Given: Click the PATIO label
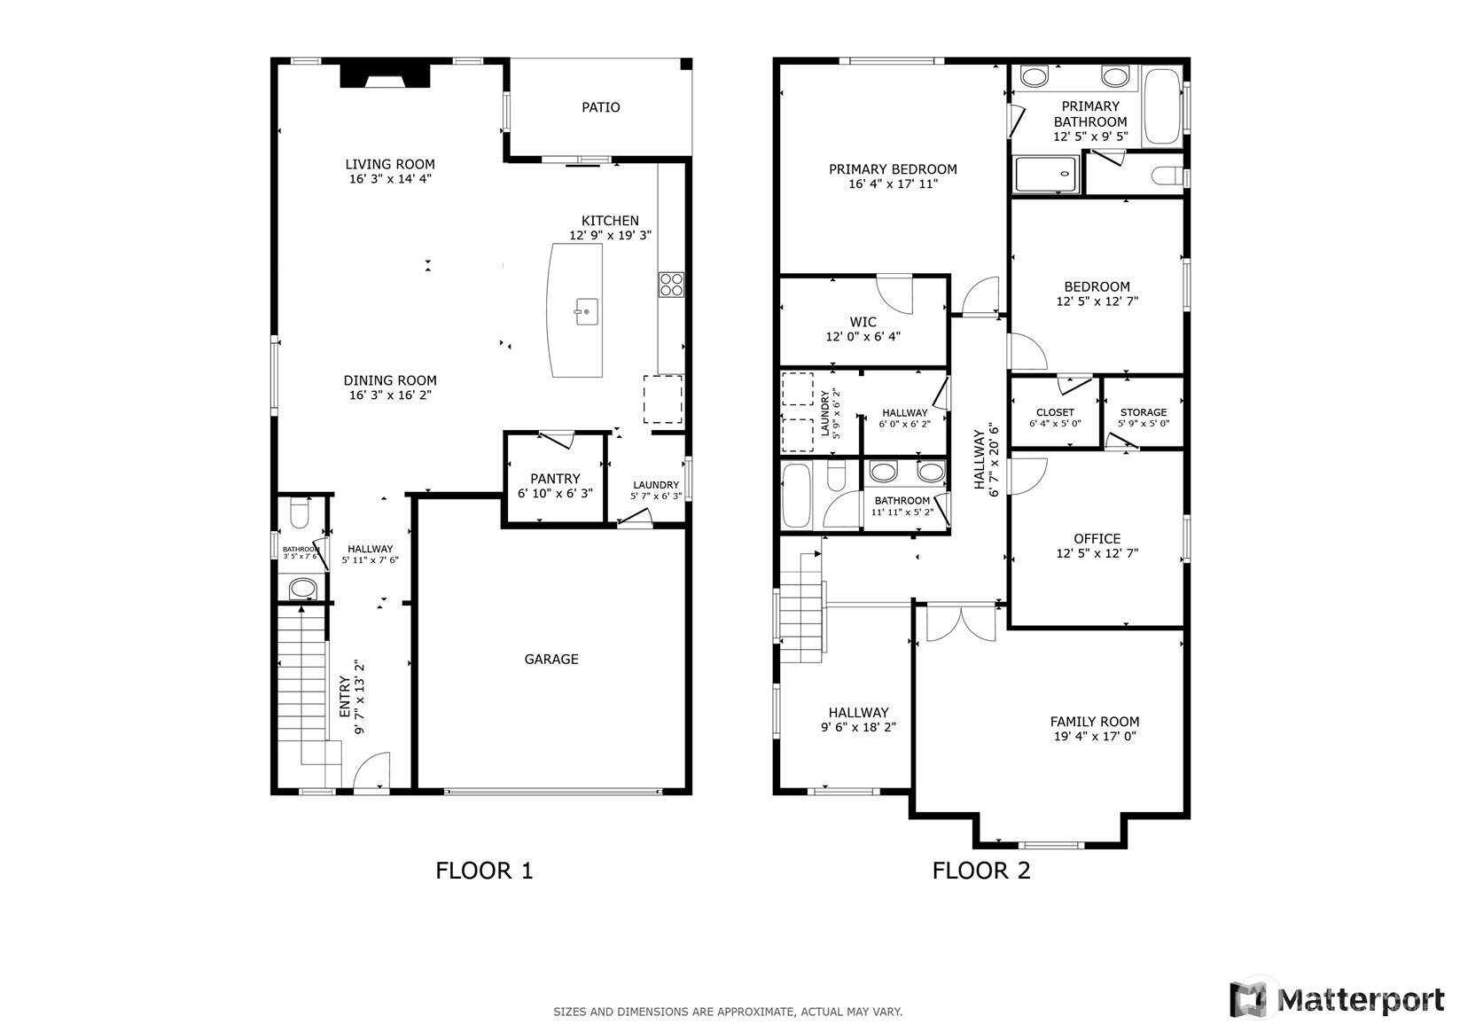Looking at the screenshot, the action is (600, 107).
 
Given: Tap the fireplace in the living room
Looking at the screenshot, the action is (386, 74).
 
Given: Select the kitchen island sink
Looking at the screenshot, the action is (586, 311).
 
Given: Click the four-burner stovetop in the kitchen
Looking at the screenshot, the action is (671, 285).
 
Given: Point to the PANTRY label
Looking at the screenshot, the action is (555, 479).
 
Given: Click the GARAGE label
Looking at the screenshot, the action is (551, 659).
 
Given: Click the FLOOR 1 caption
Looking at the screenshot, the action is (484, 871).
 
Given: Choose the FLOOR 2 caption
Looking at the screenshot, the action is (981, 871).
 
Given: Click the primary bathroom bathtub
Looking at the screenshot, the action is (1163, 106).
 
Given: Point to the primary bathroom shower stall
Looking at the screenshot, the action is (1046, 174).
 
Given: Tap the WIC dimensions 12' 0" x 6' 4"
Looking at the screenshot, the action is (863, 337).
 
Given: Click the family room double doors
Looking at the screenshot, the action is (962, 622).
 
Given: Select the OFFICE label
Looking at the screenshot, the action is (1097, 539).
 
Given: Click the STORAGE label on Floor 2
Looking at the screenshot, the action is (1144, 412).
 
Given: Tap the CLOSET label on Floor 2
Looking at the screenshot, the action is (1055, 412).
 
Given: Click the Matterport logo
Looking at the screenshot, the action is (1338, 998).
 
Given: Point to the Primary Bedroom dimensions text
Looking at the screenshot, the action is (893, 184).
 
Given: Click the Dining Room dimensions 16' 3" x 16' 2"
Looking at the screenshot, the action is (390, 395).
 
